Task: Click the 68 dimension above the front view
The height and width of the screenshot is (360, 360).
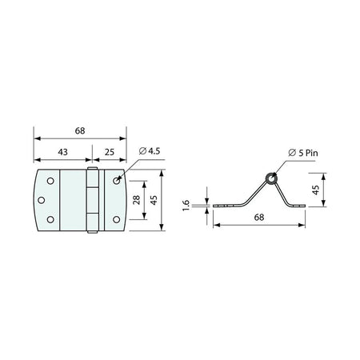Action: click(x=80, y=130)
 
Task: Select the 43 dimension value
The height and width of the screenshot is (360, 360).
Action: click(x=63, y=152)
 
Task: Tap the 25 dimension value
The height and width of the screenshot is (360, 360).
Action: click(x=110, y=152)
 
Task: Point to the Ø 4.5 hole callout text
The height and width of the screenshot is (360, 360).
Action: click(x=150, y=151)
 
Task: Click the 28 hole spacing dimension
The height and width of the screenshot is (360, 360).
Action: click(x=136, y=200)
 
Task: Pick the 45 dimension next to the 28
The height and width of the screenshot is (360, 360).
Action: click(x=154, y=200)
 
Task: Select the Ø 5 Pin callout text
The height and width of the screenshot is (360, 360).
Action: click(x=303, y=153)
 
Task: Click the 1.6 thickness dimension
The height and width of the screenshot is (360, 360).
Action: click(x=186, y=206)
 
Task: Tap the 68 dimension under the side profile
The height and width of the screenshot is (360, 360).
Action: click(x=259, y=218)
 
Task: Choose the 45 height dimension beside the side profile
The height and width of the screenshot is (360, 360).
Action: click(x=315, y=190)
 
